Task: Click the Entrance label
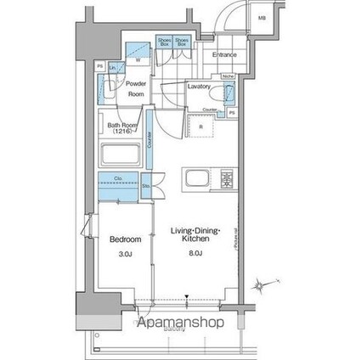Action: [x=224, y=56]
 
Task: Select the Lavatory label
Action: [x=200, y=87]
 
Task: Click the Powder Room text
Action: [x=137, y=89]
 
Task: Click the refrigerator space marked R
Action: [x=200, y=127]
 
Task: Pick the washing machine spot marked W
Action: [x=138, y=59]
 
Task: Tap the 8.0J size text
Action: [x=196, y=252]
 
